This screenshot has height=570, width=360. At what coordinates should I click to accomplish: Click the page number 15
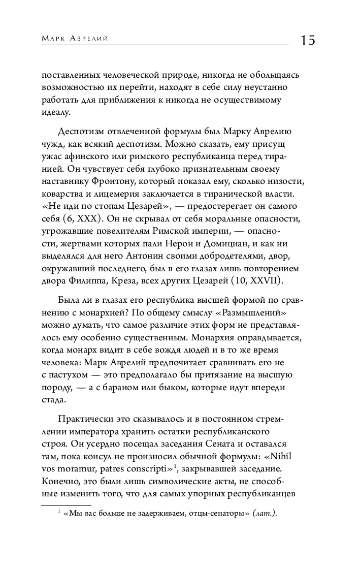click(x=307, y=40)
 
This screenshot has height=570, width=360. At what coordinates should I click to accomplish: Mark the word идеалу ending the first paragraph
click(x=56, y=113)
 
